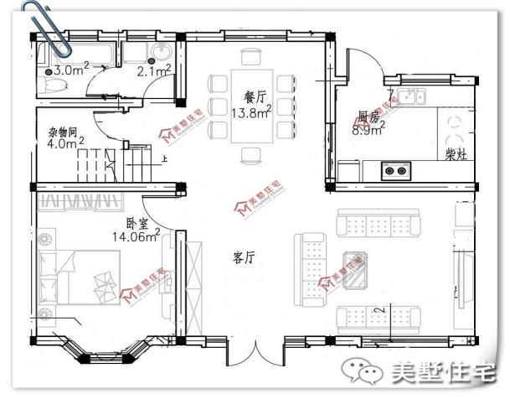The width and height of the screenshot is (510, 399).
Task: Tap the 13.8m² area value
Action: pos(250,111)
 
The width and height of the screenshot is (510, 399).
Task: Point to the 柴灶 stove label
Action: pos(457,155)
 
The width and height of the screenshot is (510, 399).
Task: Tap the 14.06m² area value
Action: pos(135,237)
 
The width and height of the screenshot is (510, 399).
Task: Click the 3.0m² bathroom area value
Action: pos(71,70)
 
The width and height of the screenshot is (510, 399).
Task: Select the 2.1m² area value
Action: pos(153,71)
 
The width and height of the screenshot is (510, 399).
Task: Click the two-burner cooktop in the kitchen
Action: pos(396,171)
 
